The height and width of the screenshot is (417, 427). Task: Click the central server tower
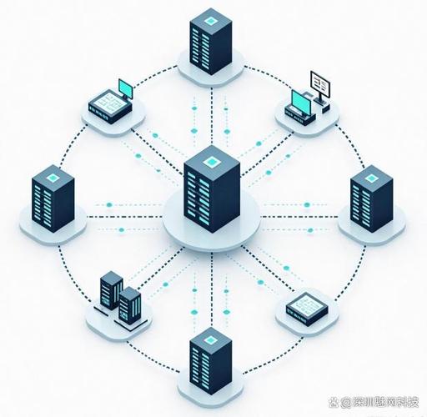(x=212, y=189)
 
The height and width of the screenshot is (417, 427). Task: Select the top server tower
(x=211, y=42)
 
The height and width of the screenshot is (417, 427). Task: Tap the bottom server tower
(x=211, y=361)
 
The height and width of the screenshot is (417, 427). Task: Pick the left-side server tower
(x=53, y=198)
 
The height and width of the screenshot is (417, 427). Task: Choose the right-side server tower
(x=371, y=198)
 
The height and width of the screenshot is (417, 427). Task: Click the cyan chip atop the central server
(x=212, y=162)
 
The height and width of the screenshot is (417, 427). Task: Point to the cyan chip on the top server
(x=211, y=21)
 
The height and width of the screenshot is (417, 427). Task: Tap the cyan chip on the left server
(x=53, y=178)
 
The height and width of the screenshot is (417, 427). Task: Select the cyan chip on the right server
(x=371, y=178)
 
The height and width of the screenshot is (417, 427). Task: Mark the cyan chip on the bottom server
(x=211, y=339)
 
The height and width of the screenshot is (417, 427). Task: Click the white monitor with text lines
(x=320, y=84)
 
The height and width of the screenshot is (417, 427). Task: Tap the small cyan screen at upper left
(x=126, y=89)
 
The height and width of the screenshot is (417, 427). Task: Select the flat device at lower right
(x=307, y=309)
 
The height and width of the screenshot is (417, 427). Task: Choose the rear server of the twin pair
(x=111, y=290)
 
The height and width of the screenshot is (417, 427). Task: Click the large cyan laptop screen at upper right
(x=301, y=103)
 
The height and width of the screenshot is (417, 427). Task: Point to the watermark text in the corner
(x=374, y=402)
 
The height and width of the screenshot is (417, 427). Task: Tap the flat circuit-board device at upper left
(x=110, y=106)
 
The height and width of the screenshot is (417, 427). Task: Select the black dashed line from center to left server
(x=124, y=217)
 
